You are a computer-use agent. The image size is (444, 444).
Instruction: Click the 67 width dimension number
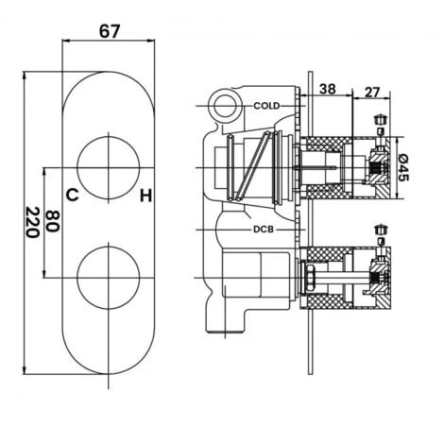(110, 31)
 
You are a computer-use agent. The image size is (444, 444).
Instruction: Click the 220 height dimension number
(32, 222)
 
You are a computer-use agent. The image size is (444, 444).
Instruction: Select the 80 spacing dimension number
(52, 221)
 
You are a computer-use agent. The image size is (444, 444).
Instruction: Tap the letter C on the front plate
(72, 195)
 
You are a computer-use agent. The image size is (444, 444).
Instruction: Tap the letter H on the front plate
(146, 196)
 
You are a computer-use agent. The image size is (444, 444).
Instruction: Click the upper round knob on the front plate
(109, 167)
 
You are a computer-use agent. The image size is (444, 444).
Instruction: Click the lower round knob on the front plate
(109, 278)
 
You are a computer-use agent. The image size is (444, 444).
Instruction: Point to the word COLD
(266, 106)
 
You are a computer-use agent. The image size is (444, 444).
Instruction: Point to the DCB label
(264, 230)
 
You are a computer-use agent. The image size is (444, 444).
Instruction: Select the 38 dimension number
(328, 89)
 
